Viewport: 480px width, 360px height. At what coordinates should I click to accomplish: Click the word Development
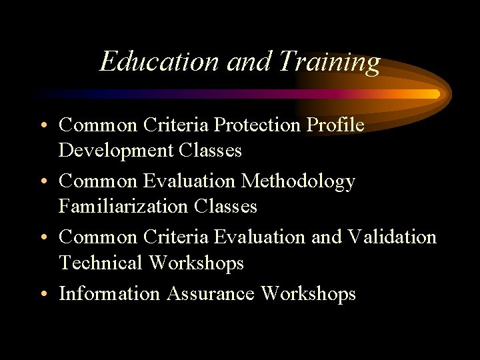click(116, 151)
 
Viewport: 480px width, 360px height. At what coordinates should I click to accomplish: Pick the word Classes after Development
click(211, 151)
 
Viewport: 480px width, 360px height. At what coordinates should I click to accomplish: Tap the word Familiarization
click(125, 207)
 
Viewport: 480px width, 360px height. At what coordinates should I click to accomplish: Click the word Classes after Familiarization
click(226, 207)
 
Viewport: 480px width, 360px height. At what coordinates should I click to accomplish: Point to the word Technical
click(101, 263)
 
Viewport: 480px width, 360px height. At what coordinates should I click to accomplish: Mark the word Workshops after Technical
click(197, 263)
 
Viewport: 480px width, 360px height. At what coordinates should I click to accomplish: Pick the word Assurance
click(210, 293)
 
